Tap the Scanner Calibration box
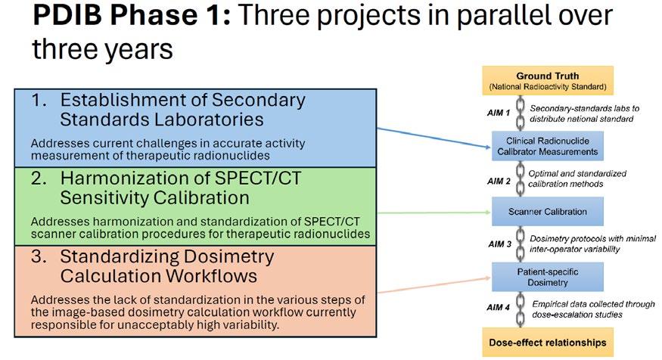(x=546, y=211)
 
